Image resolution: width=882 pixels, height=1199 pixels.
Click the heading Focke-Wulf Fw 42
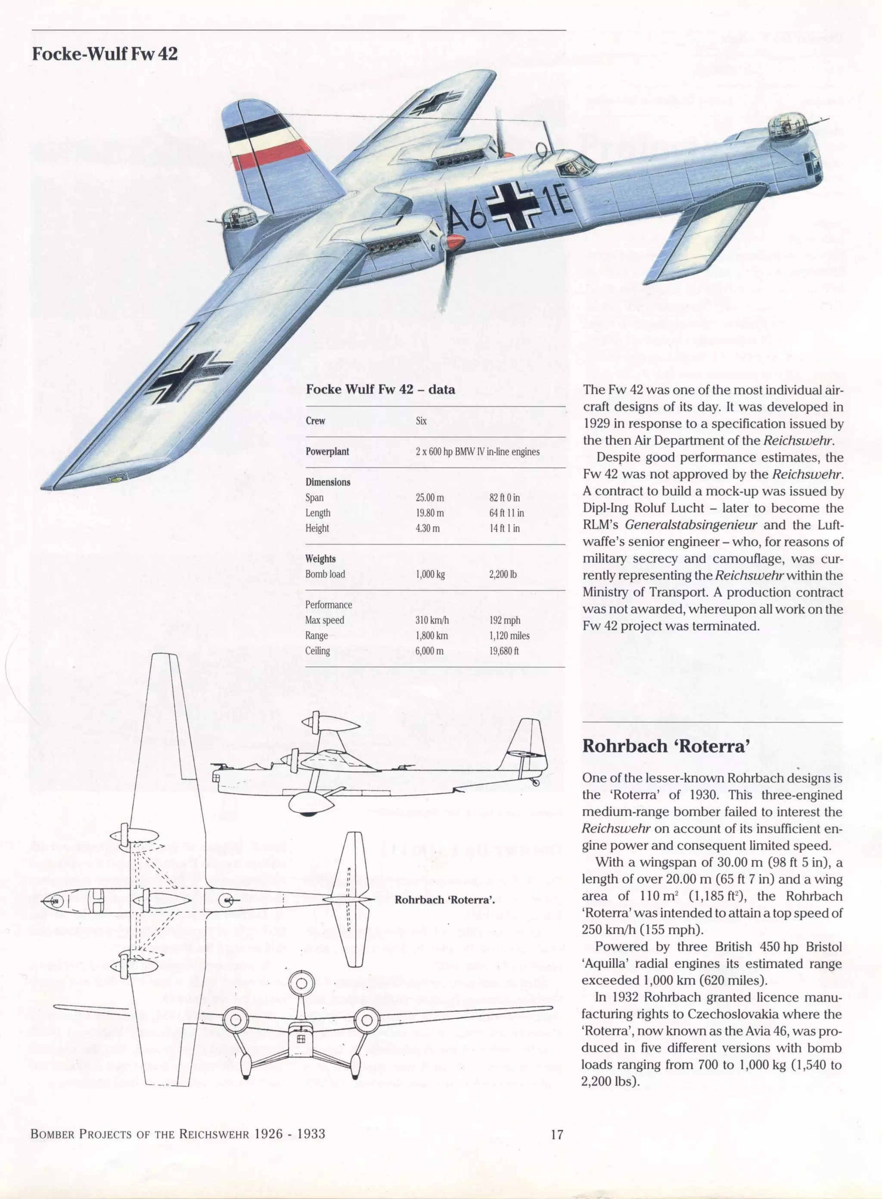click(105, 54)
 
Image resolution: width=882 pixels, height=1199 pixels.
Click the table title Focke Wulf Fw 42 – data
click(380, 389)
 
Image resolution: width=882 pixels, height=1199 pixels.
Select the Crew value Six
click(421, 421)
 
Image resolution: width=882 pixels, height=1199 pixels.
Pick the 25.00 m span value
click(430, 497)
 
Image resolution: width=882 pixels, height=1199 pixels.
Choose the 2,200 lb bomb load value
click(503, 575)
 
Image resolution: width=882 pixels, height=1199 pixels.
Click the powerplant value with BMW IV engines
click(477, 452)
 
